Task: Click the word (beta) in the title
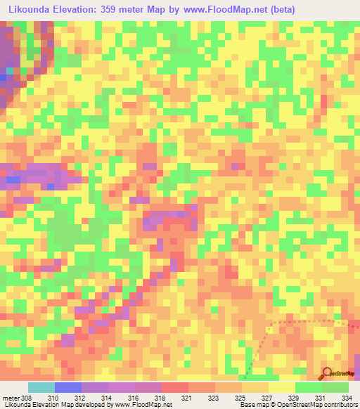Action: [x=280, y=9]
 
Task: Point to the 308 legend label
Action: [x=27, y=397]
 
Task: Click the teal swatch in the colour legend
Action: [x=41, y=387]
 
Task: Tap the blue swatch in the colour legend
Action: [x=68, y=387]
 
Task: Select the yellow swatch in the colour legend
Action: [x=282, y=387]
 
